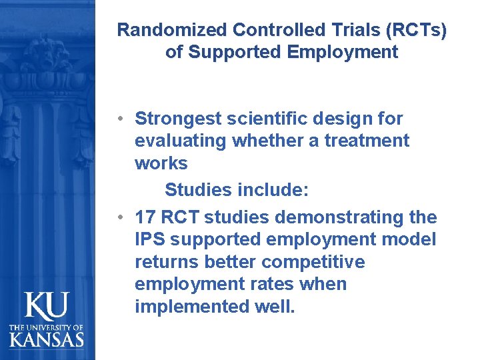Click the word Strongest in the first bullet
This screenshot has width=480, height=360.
[x=177, y=119]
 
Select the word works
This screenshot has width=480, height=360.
[x=161, y=163]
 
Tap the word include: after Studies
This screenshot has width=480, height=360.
[x=273, y=190]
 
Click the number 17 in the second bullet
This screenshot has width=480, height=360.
[x=145, y=217]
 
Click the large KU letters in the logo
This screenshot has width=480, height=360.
[x=46, y=306]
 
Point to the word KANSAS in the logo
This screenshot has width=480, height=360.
[x=47, y=339]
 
